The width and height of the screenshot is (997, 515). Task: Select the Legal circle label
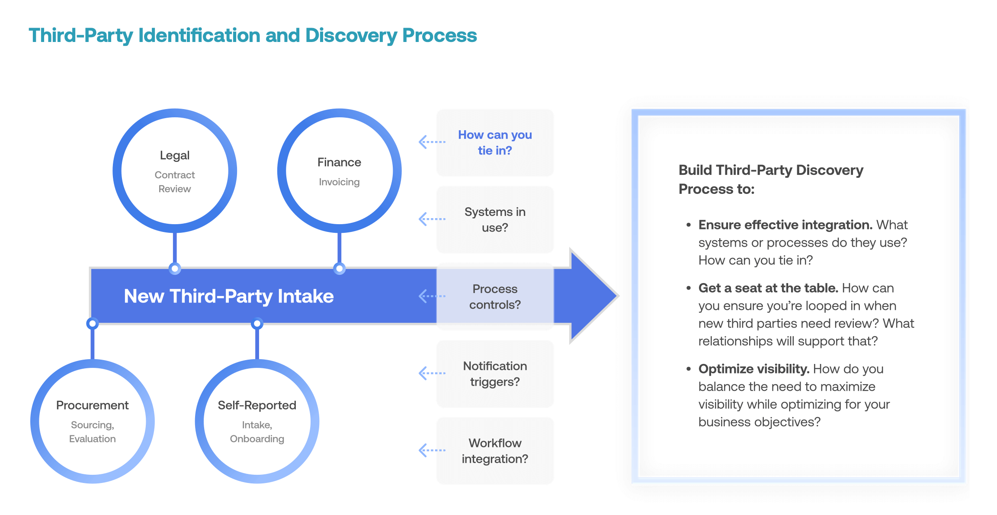(x=175, y=155)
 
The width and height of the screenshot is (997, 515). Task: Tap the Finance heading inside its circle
(x=339, y=162)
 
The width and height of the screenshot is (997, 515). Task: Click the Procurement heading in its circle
(x=93, y=405)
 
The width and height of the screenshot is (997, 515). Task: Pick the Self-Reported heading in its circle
(x=257, y=405)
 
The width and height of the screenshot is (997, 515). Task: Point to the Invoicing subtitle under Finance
(x=339, y=182)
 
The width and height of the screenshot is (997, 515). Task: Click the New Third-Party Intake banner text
(x=228, y=296)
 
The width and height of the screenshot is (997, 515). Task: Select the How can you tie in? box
(x=495, y=143)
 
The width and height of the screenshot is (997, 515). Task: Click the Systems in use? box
(x=495, y=220)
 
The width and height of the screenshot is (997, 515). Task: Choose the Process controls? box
(x=495, y=297)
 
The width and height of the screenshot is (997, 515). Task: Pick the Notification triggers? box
(x=495, y=374)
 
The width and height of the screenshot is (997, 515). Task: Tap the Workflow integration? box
(x=495, y=451)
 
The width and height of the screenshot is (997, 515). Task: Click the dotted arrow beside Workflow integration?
(x=432, y=450)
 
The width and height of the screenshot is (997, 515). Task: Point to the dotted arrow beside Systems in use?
(x=432, y=219)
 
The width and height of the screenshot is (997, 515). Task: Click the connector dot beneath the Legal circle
(x=175, y=269)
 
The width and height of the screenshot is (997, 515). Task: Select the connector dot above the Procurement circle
(x=92, y=323)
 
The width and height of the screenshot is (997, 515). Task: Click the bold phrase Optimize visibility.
(x=753, y=369)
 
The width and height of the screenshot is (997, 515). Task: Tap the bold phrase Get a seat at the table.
(x=768, y=288)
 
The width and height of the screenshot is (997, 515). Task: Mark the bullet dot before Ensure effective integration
(x=689, y=225)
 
